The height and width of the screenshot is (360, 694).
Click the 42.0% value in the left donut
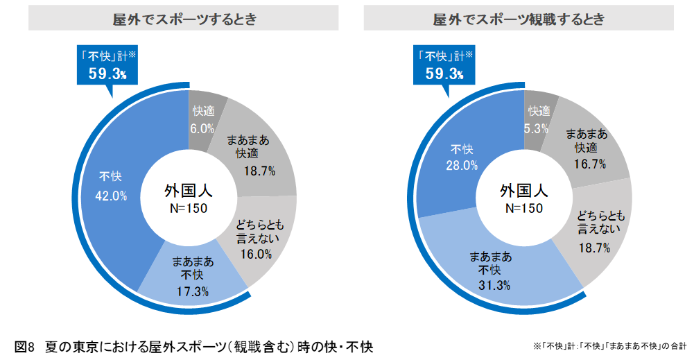point(111,196)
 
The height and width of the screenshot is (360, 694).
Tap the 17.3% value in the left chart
point(192,291)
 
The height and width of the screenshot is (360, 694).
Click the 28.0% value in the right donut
point(462,165)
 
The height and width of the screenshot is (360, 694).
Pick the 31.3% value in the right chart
point(494,285)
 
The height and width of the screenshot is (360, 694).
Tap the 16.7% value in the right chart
point(590,164)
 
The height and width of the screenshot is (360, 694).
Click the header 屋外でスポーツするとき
point(184,19)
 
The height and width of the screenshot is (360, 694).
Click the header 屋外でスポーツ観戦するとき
point(519,19)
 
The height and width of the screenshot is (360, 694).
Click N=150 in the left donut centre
point(189,208)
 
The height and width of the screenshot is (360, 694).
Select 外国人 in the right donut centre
point(524,190)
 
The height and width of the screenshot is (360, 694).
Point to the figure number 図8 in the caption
point(24,345)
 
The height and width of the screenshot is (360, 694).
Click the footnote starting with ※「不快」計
point(609,345)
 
